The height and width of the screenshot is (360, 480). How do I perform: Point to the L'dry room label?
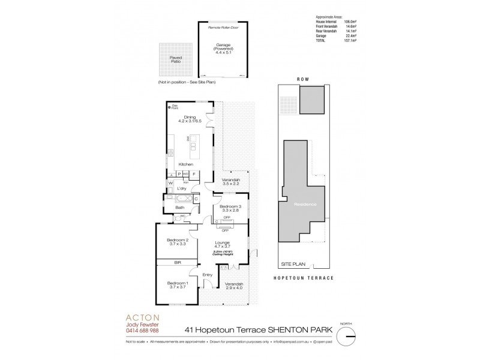(x=181, y=188)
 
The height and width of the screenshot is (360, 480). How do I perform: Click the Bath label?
(x=179, y=208)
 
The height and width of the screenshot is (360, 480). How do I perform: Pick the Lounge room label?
(x=222, y=244)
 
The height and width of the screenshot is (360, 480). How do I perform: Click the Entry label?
(x=207, y=275)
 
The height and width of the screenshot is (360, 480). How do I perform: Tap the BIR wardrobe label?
(x=177, y=263)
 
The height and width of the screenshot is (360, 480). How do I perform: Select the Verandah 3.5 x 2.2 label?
(x=231, y=182)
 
